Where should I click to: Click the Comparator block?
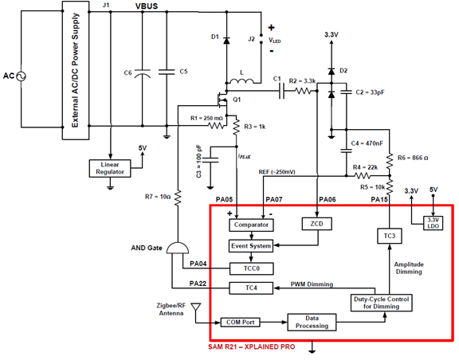click(251, 225)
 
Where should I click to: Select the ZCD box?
click(317, 224)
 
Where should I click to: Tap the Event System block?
click(251, 246)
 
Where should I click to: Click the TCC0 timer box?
click(252, 268)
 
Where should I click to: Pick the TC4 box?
click(251, 288)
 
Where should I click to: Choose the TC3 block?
click(390, 236)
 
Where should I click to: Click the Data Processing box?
click(312, 323)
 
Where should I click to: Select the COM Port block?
click(241, 323)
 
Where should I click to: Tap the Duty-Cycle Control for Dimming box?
click(382, 303)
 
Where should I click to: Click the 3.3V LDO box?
click(433, 223)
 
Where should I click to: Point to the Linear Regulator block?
click(110, 168)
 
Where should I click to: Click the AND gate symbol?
click(178, 248)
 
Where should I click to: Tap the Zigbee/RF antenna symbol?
click(195, 307)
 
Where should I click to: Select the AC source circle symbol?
click(21, 76)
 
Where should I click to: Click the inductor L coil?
click(241, 81)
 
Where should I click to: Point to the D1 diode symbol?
click(226, 41)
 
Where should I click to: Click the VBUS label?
click(147, 6)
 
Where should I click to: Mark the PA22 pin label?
click(198, 284)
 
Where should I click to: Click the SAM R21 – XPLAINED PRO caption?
click(252, 346)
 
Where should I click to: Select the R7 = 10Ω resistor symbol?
click(178, 198)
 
